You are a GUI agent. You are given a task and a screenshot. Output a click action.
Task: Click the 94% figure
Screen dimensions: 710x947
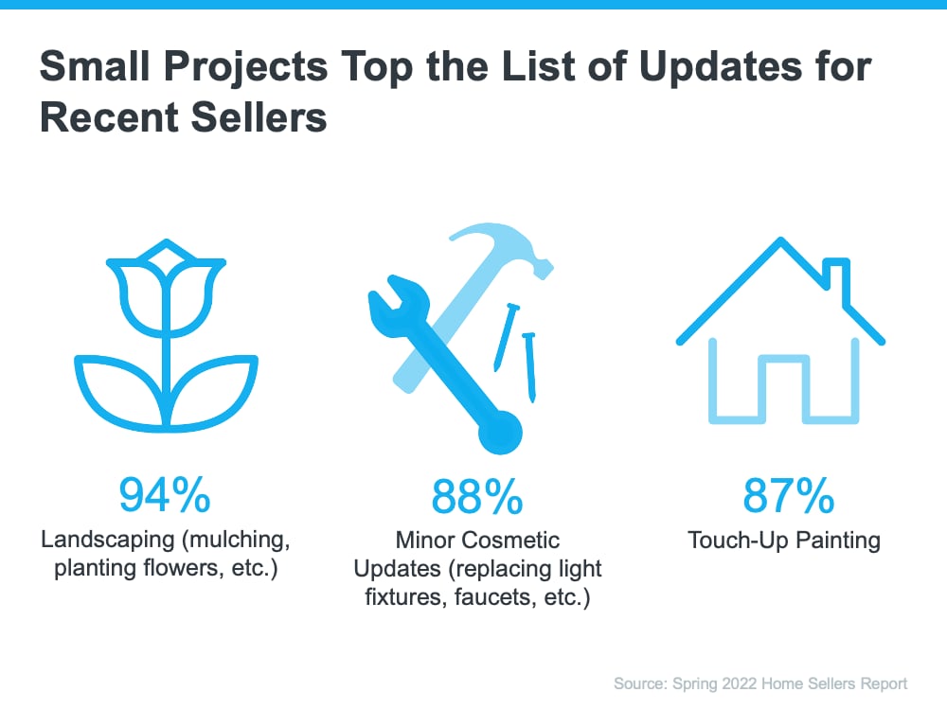tap(164, 495)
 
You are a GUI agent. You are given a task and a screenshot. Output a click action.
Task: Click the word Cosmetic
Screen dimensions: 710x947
tap(512, 541)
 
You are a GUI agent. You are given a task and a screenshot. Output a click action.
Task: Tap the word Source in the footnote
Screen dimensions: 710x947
tap(640, 683)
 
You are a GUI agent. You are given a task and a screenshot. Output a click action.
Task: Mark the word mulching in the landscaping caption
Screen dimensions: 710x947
tap(236, 541)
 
